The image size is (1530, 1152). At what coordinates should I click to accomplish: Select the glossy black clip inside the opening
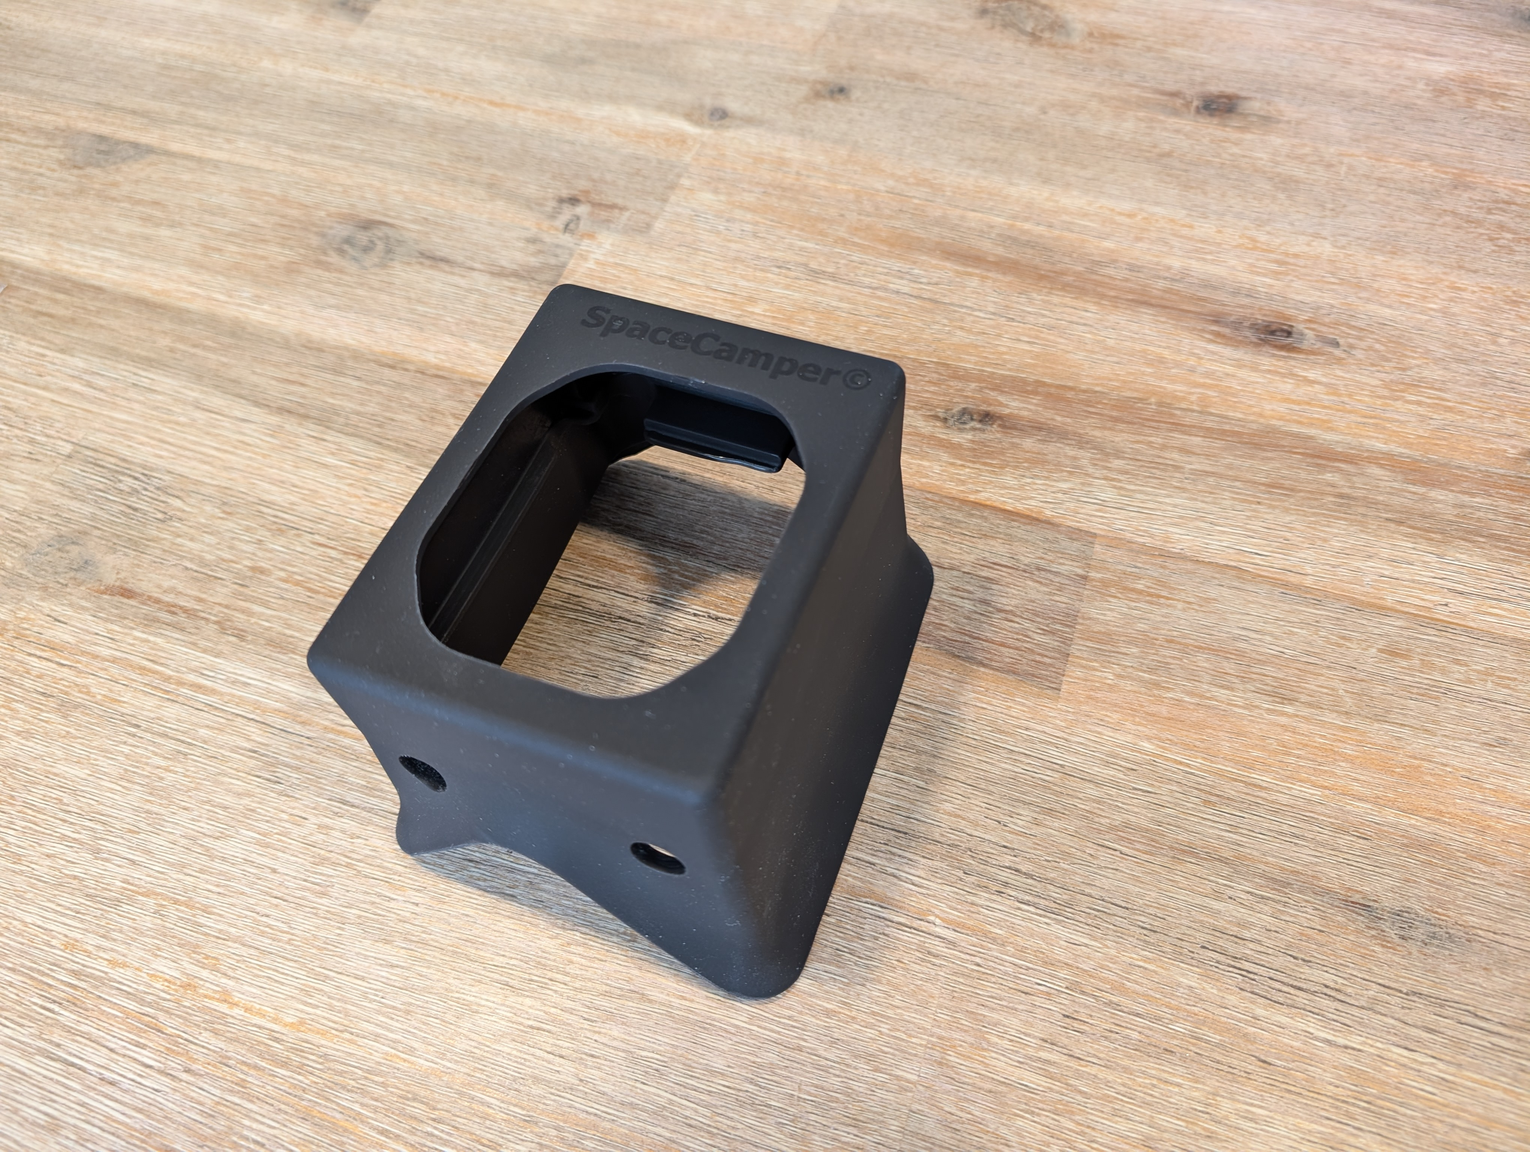[x=712, y=432]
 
